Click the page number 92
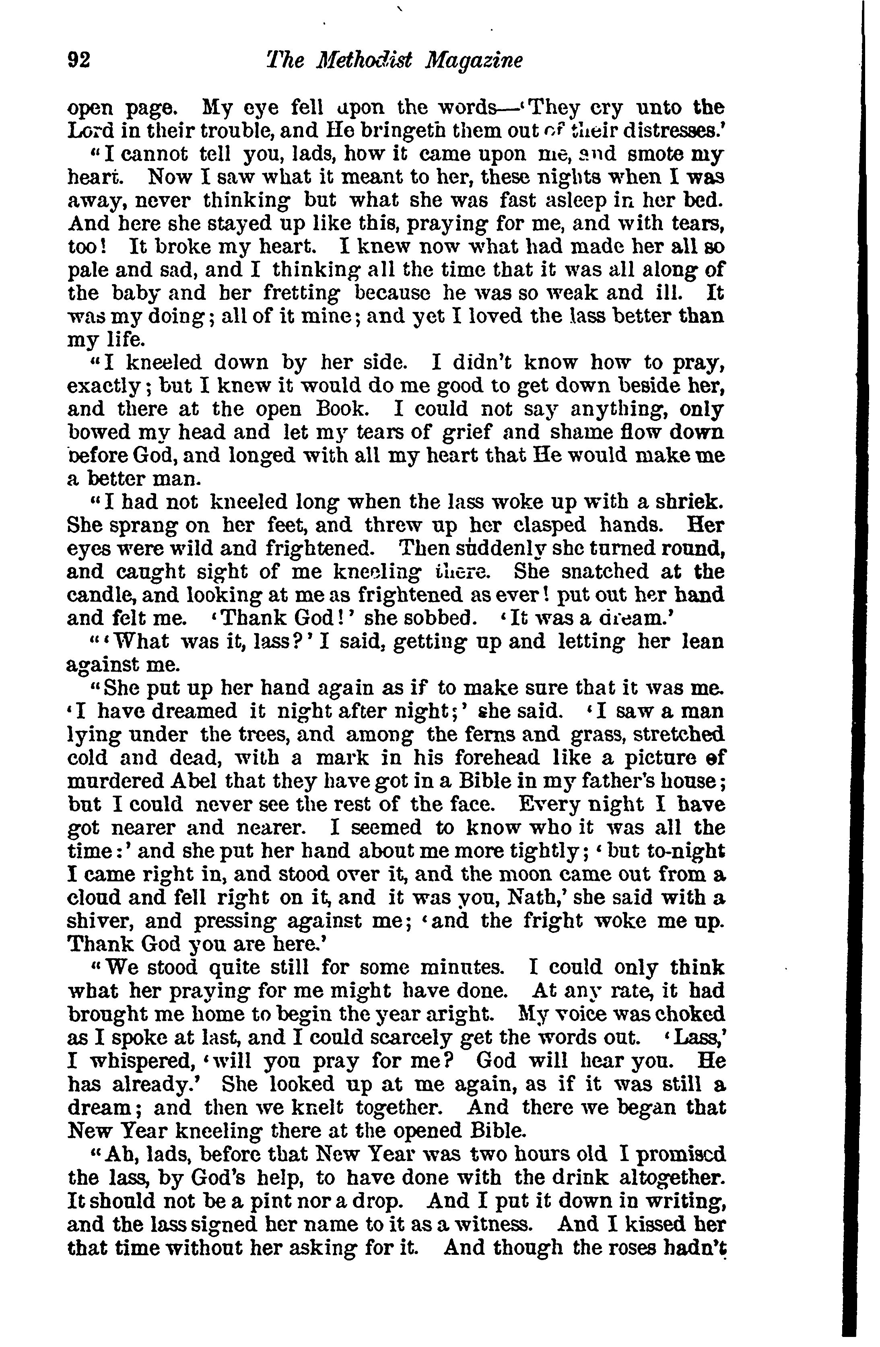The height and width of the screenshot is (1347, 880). pyautogui.click(x=78, y=60)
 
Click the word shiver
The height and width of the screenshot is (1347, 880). pyautogui.click(x=100, y=921)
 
